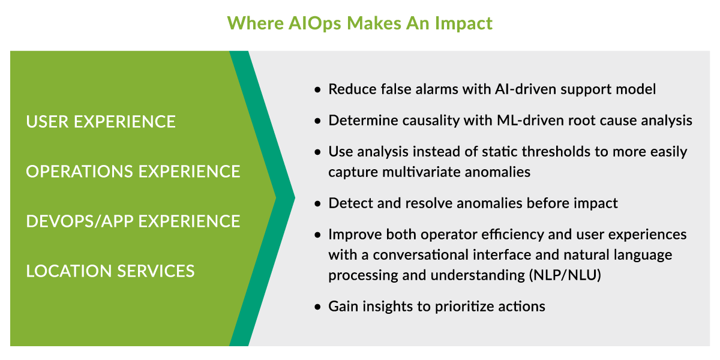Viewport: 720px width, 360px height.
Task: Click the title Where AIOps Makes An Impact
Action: [x=359, y=23]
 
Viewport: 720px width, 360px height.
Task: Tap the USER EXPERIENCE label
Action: [x=101, y=122]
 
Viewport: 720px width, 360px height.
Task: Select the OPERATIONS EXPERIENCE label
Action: [x=133, y=172]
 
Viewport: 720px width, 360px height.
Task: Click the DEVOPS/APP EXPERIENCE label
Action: [x=133, y=221]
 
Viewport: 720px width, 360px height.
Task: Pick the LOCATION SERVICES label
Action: [x=110, y=271]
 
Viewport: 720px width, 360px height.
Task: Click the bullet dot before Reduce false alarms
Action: [x=317, y=89]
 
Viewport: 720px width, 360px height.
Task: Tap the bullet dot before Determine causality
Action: [x=317, y=121]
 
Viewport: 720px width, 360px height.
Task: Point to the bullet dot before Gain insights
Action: [x=317, y=307]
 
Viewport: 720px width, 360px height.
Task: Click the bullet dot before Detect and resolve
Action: [x=317, y=203]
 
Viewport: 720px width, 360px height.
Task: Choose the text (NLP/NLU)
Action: [x=565, y=275]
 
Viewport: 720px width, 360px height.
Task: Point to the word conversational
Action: [x=421, y=255]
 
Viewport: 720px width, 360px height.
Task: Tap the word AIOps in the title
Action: [x=314, y=24]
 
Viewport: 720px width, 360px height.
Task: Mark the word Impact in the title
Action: [x=464, y=24]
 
